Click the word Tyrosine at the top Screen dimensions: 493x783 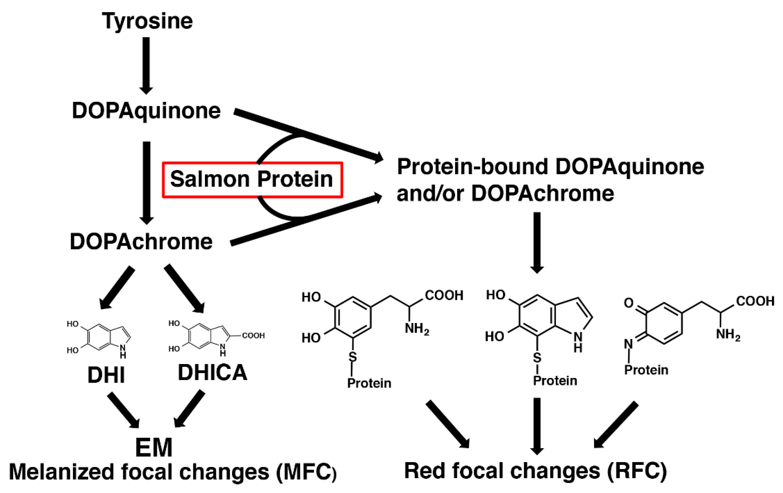pyautogui.click(x=147, y=21)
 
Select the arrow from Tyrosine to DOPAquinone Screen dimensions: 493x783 pyautogui.click(x=146, y=65)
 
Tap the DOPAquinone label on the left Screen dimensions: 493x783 pyautogui.click(x=146, y=111)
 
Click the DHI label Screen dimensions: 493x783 pyautogui.click(x=106, y=375)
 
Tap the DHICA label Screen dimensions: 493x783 pyautogui.click(x=213, y=372)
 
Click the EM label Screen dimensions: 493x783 pyautogui.click(x=153, y=448)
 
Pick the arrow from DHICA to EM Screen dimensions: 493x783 pyautogui.click(x=190, y=408)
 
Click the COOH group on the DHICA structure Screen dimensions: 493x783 pyautogui.click(x=253, y=336)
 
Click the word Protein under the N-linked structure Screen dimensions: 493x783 pyautogui.click(x=646, y=370)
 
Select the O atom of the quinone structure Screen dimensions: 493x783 pyautogui.click(x=628, y=303)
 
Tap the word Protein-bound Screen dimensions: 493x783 pyautogui.click(x=472, y=167)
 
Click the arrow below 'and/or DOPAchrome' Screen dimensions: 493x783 pyautogui.click(x=537, y=242)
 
